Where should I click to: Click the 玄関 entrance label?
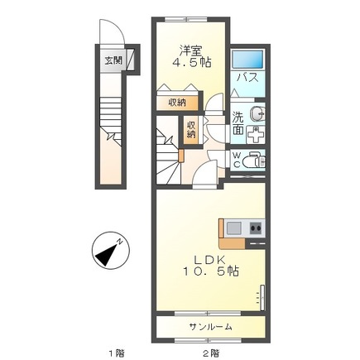(x=113, y=60)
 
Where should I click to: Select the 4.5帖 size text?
(x=192, y=63)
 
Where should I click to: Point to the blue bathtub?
(x=247, y=60)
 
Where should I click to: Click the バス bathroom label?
(x=247, y=78)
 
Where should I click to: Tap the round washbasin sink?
(x=257, y=113)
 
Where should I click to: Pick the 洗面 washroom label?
(x=238, y=123)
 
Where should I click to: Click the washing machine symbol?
(x=256, y=135)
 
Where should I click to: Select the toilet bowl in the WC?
(x=257, y=160)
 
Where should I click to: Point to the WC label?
(x=237, y=160)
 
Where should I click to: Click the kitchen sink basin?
(x=234, y=228)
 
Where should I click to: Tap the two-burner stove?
(x=256, y=228)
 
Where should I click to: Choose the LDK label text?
(x=210, y=260)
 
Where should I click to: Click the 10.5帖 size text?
(x=211, y=272)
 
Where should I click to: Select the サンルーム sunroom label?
(x=210, y=327)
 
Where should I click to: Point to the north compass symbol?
(x=110, y=251)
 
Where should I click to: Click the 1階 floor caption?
(x=116, y=353)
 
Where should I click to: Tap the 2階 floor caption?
(x=212, y=353)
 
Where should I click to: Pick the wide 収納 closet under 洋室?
(x=177, y=103)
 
